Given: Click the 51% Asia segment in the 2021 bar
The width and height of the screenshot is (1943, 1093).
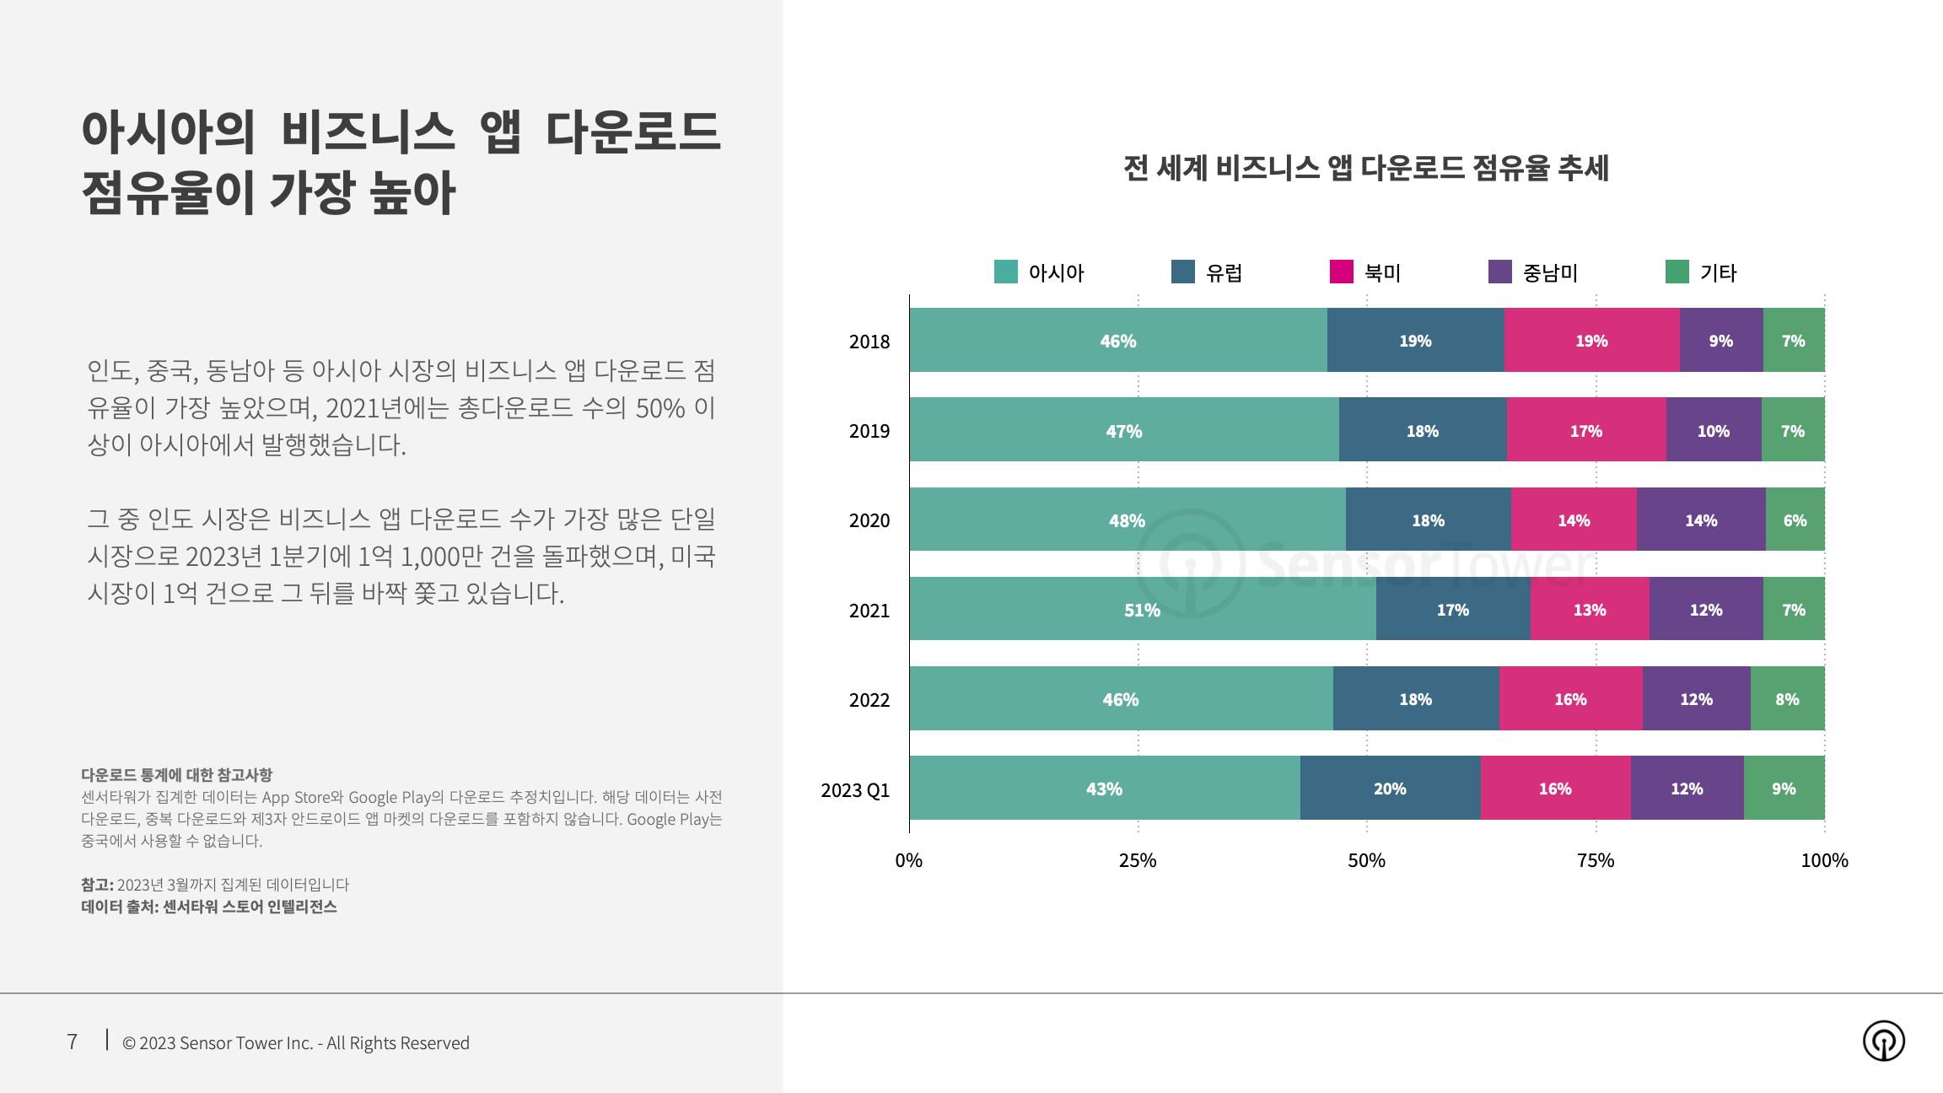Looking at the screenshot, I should (1142, 609).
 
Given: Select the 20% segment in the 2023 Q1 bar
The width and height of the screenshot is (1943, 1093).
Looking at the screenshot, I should (1390, 788).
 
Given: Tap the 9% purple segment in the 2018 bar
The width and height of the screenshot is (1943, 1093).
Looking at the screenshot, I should (1720, 341).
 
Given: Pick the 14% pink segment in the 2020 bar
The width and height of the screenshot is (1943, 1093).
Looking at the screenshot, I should (1574, 520).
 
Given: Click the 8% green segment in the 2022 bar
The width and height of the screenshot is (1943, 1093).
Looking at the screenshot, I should (1787, 698).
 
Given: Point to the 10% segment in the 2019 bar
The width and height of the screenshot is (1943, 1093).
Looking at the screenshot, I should (1713, 430).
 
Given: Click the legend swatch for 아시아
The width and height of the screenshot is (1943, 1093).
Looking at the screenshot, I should (1005, 272).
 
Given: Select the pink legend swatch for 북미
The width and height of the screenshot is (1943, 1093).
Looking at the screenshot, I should (1341, 272).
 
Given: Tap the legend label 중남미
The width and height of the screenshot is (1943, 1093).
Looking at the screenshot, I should (1550, 272).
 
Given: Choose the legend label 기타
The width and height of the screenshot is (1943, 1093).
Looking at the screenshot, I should (1718, 272).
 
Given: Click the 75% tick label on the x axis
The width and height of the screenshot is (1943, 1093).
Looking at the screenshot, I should (1596, 860).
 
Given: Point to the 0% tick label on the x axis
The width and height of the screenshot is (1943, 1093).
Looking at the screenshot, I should (908, 860).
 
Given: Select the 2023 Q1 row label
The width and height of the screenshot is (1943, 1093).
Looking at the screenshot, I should (855, 789).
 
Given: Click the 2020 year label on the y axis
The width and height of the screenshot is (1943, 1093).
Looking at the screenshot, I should (869, 520).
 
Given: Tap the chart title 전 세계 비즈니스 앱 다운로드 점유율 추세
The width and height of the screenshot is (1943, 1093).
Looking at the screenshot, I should (1365, 168).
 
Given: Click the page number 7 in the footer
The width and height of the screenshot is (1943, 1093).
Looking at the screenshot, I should (73, 1042).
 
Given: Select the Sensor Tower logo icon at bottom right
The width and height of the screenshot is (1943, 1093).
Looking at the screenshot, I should (1883, 1040).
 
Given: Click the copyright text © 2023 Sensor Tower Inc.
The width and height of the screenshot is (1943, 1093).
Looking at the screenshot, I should (296, 1042).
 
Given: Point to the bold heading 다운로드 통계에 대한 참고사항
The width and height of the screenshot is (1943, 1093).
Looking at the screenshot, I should (176, 774).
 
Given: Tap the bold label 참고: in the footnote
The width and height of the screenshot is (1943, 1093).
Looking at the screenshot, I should (97, 884).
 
